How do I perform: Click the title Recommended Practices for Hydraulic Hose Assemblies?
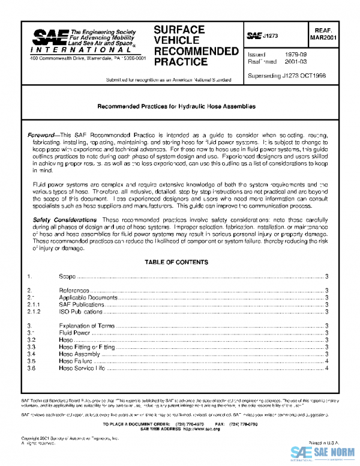(176, 106)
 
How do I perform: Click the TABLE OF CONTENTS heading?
(176, 262)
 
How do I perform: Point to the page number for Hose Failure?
(326, 361)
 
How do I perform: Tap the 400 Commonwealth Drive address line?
(88, 58)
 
